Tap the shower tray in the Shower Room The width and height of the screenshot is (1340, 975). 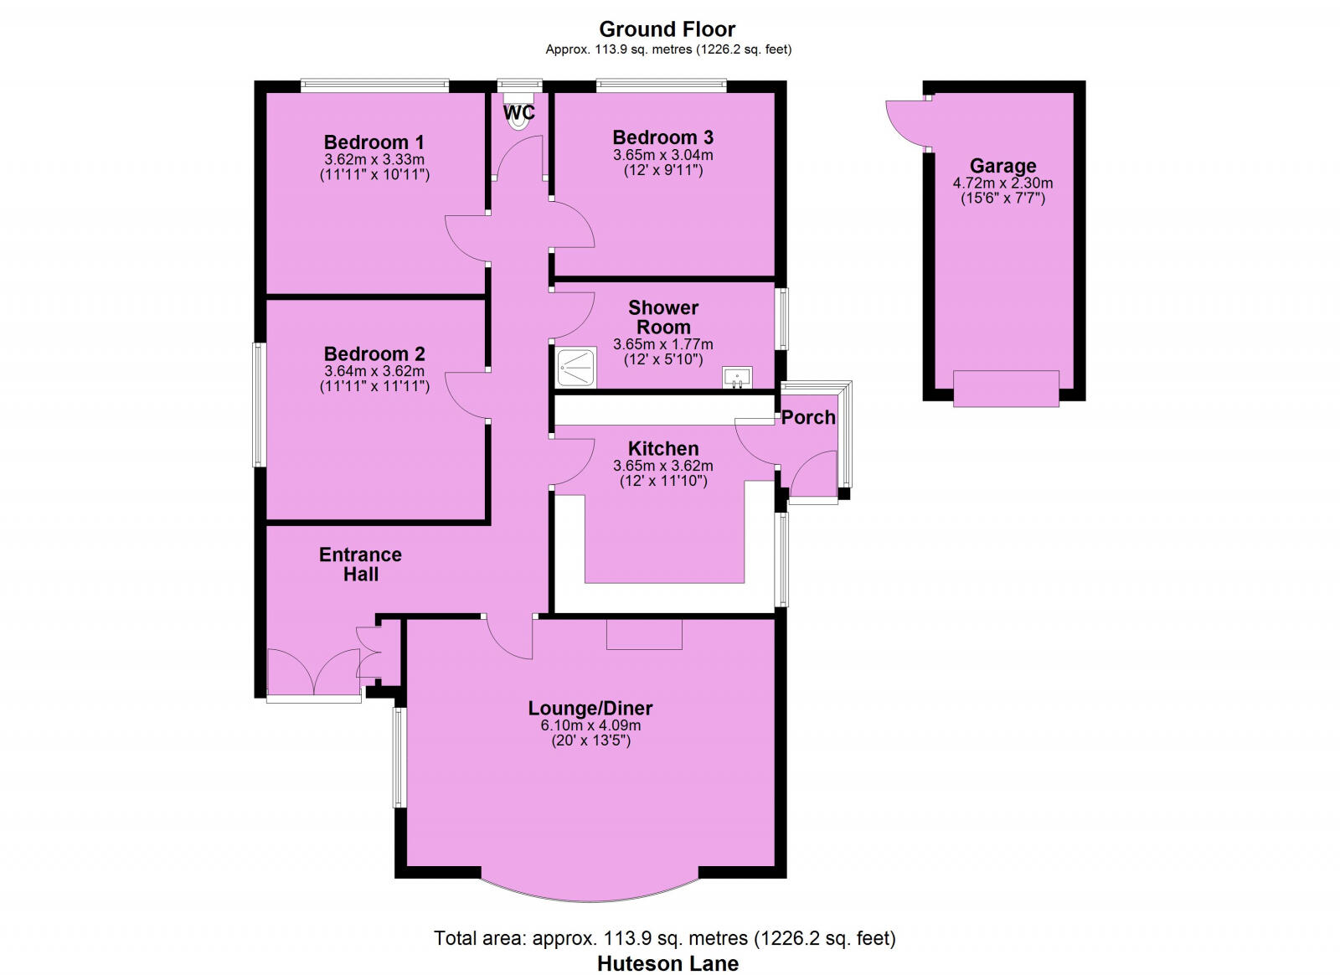[x=576, y=368]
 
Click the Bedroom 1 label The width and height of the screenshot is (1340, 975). [x=374, y=142]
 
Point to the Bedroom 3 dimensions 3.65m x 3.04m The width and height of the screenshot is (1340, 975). [x=663, y=155]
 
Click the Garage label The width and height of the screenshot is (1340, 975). [x=1002, y=166]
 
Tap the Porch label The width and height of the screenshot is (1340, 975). [x=808, y=417]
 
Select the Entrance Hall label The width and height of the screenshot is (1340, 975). [x=360, y=565]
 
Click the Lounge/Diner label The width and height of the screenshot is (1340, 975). [x=590, y=708]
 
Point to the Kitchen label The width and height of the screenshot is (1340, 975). [x=663, y=448]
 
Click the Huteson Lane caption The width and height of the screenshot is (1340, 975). [x=667, y=963]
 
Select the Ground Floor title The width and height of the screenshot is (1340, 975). [x=667, y=29]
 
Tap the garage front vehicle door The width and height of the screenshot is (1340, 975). [x=1006, y=389]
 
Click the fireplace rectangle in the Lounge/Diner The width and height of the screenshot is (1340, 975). [x=644, y=634]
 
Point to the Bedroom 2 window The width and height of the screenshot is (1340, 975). [x=260, y=405]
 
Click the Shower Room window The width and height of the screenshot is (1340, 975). [x=781, y=318]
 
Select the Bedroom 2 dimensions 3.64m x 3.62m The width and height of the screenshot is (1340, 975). [x=374, y=371]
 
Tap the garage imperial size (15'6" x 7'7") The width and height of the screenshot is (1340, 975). [x=1002, y=199]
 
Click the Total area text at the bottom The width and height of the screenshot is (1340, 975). [x=664, y=938]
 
